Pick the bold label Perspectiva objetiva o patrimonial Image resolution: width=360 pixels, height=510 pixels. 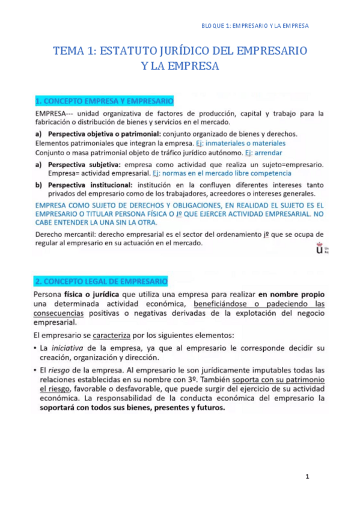coord(104,134)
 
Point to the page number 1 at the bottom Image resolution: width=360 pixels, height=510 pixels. coord(307,477)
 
